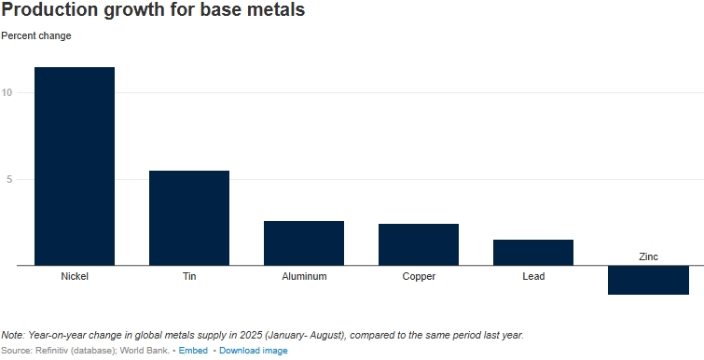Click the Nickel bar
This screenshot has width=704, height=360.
[75, 166]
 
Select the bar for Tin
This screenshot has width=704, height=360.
[189, 217]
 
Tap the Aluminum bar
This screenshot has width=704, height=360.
[304, 242]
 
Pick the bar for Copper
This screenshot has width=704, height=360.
[419, 244]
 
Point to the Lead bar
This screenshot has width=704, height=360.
[533, 252]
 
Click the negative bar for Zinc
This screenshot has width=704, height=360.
[648, 280]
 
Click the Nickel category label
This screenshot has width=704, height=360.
[75, 276]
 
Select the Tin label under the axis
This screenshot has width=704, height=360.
[189, 276]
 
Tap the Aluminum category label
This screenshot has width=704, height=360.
[304, 276]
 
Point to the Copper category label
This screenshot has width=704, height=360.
[419, 276]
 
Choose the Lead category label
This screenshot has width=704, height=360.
[533, 276]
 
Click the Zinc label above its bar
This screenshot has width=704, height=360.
[648, 256]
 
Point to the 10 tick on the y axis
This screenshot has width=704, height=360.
[7, 92]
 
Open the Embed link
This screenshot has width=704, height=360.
[193, 351]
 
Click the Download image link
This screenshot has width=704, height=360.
[254, 351]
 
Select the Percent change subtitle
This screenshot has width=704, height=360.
[36, 36]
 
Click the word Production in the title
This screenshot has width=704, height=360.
[49, 9]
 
